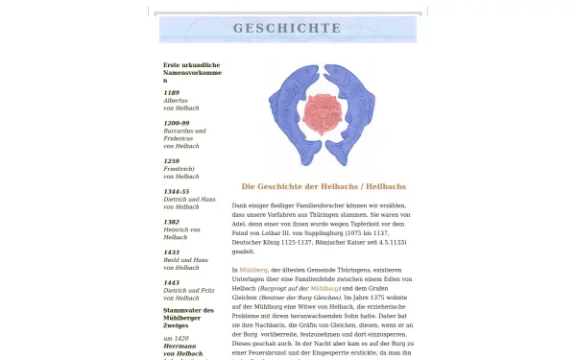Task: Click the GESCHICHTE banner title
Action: coord(287,29)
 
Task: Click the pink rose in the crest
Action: coord(322,113)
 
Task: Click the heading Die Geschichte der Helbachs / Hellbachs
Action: coord(323,185)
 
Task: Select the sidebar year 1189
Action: coord(171,92)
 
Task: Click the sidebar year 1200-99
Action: coord(177,123)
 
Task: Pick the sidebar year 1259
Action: coord(171,161)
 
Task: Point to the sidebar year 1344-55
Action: coord(177,191)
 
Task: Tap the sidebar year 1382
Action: coord(171,222)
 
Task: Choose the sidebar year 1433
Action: coord(171,252)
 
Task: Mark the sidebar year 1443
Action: coord(171,283)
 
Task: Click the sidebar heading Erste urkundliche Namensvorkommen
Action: coord(192,72)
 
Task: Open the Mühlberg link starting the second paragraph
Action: coord(253,271)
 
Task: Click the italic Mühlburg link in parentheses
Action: coord(325,288)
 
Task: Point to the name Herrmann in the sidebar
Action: coord(180,346)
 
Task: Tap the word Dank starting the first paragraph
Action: coord(240,204)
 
